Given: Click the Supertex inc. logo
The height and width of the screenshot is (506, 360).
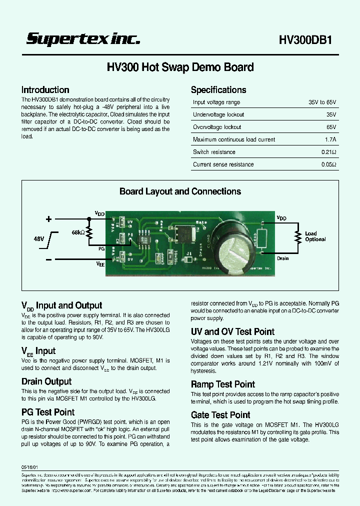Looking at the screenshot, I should coord(83,39).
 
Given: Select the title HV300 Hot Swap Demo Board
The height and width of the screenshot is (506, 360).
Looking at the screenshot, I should coord(180,67).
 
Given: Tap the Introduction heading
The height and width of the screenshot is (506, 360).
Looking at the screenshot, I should coord(45,90).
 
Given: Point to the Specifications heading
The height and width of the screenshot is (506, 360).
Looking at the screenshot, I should coord(218,90).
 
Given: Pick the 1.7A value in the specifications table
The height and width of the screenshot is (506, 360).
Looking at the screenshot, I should coord(330,139).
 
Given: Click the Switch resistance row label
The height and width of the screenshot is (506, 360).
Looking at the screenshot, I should coord(214,152).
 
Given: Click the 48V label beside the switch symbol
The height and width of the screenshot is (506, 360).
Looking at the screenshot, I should coord(39,239).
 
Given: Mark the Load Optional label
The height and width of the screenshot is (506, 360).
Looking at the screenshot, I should coord(315,236).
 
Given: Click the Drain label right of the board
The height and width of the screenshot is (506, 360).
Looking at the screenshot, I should coord(283,258).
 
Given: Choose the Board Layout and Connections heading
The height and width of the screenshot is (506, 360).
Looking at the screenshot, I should coord(180,191).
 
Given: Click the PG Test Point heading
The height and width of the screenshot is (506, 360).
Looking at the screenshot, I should coord(48,412).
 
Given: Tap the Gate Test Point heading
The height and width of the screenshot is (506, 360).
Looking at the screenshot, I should coord(220,415).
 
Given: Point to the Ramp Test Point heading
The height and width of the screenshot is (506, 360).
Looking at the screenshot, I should coord(223,384).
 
